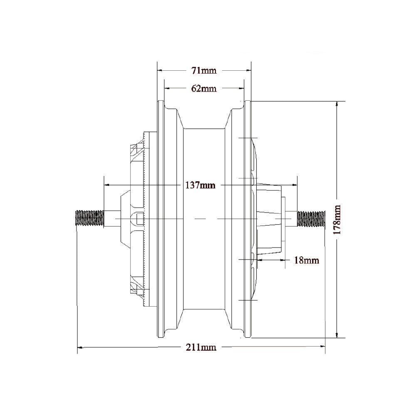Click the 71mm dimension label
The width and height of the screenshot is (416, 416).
click(x=204, y=70)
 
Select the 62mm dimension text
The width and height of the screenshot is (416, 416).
click(x=204, y=88)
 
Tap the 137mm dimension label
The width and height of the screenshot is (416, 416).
click(x=201, y=185)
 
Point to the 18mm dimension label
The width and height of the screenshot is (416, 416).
click(x=306, y=260)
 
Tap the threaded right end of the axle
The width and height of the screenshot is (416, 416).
click(x=311, y=219)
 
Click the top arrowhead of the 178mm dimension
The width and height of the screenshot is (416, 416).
click(x=337, y=104)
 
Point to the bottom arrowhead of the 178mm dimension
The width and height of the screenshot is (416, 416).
click(x=337, y=335)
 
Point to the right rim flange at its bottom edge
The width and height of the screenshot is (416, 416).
click(x=248, y=336)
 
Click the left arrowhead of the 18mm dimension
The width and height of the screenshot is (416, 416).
click(x=260, y=260)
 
